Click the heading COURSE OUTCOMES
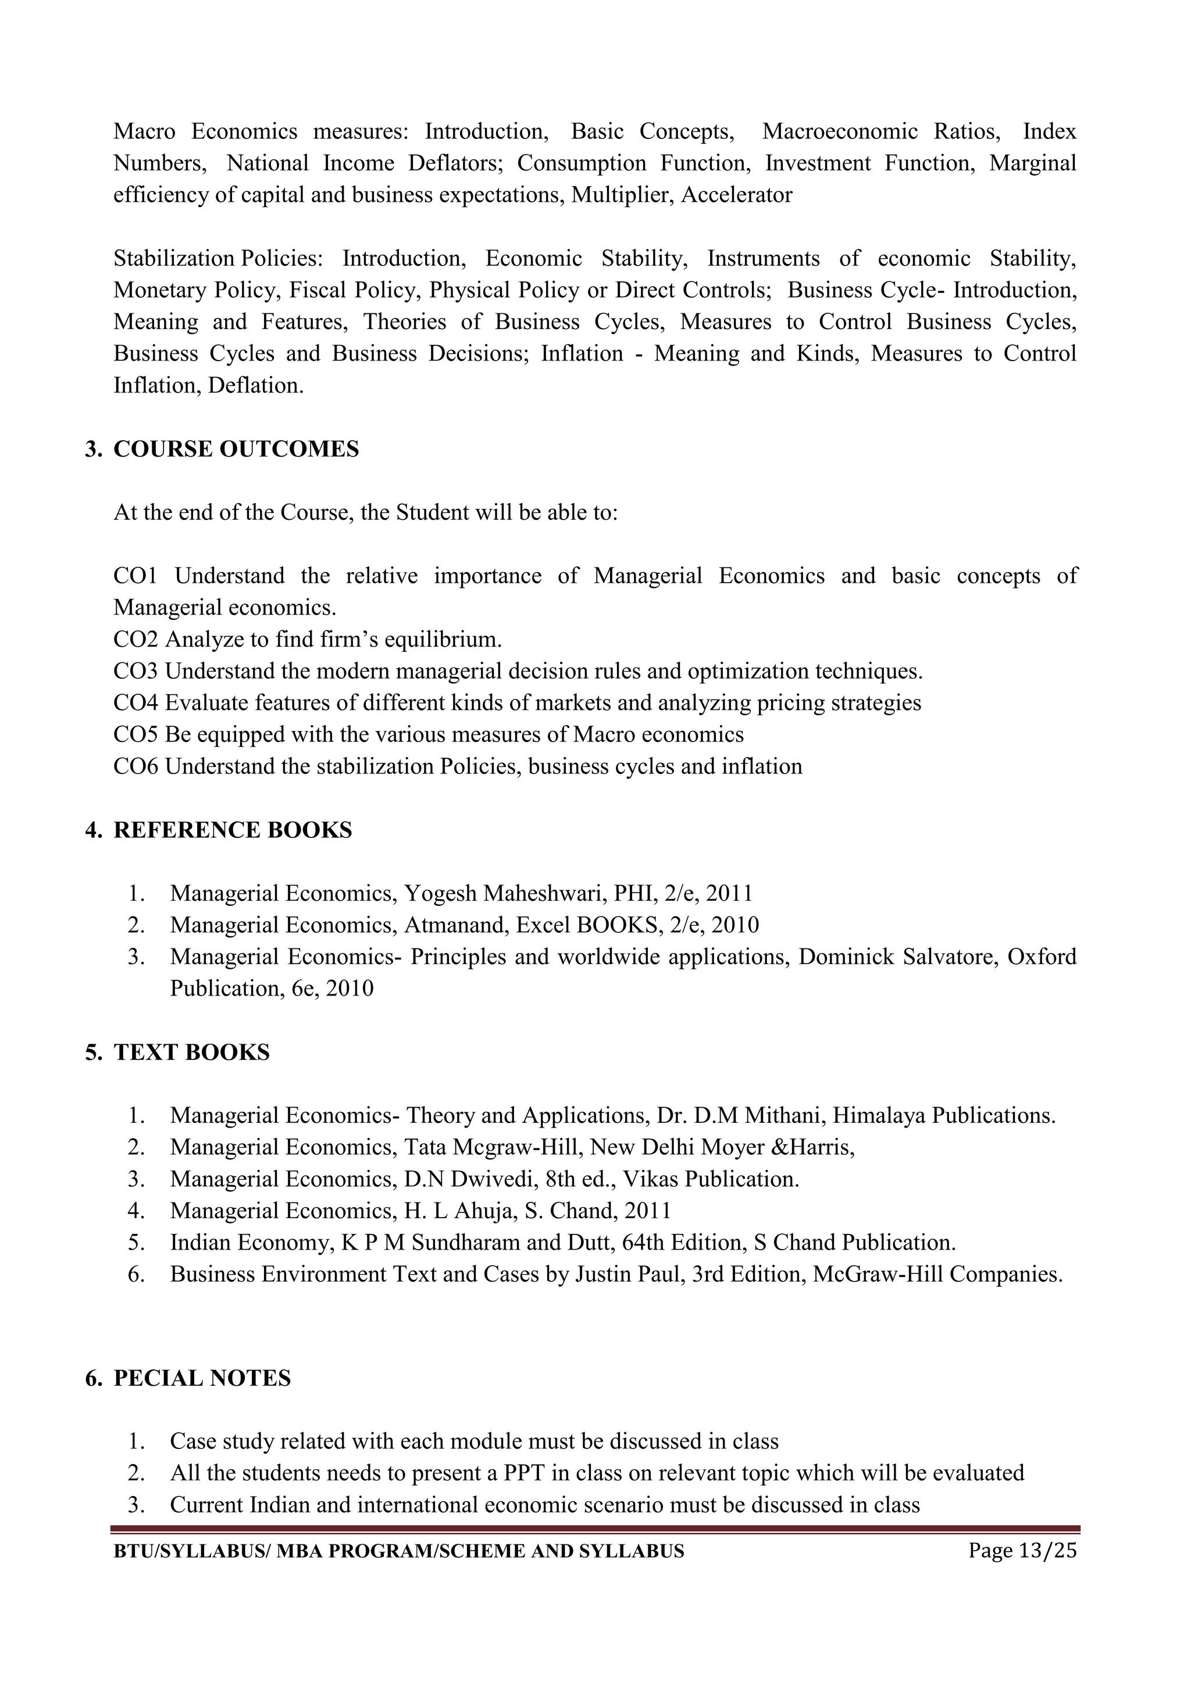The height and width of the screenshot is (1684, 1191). click(236, 449)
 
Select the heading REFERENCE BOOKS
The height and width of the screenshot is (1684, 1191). click(233, 830)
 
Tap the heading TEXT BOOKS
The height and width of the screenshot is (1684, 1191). click(191, 1052)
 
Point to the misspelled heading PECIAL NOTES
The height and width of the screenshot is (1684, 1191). click(202, 1378)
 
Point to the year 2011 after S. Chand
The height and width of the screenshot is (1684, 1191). click(646, 1211)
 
